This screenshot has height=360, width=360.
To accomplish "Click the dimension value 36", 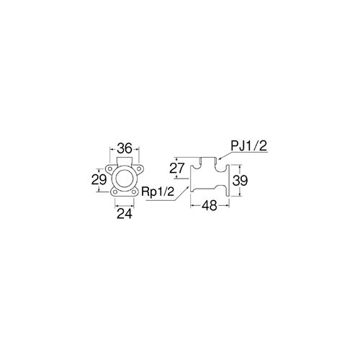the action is point(125,148).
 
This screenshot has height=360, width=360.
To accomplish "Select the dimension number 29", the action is point(99,179).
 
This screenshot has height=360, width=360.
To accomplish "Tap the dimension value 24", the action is point(125,214).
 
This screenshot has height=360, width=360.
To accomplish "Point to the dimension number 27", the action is point(177,168).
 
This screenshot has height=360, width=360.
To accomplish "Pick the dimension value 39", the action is point(240,181).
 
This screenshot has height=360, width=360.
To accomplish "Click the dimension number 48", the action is point(210,206).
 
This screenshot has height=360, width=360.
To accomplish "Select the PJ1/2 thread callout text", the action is point(249,146).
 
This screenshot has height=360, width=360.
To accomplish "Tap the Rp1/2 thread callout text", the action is point(158,192).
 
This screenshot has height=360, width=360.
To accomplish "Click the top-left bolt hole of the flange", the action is point(110,169).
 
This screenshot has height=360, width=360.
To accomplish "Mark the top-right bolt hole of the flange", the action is point(139,169).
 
